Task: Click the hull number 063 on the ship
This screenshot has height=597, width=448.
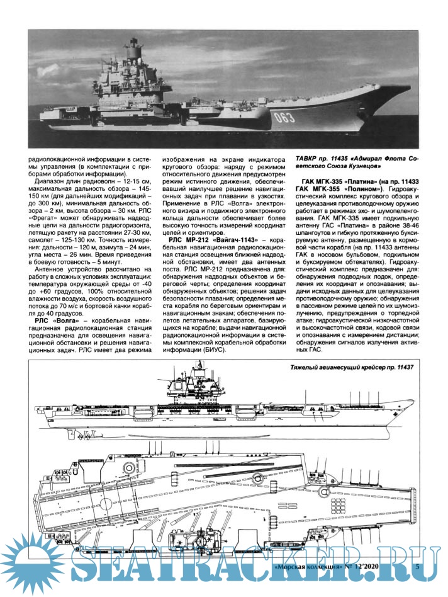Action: coord(286,117)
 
